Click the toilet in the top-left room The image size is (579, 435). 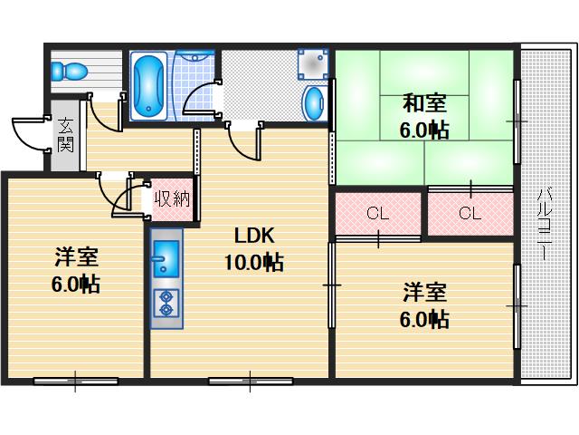(x=69, y=70)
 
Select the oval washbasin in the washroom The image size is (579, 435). (x=314, y=101)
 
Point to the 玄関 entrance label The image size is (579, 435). (x=66, y=136)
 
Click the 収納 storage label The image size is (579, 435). (x=171, y=198)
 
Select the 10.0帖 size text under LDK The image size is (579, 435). (x=253, y=264)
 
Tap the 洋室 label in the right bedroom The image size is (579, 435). (x=423, y=292)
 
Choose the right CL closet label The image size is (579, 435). (x=469, y=214)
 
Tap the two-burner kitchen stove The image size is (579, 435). (x=166, y=302)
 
